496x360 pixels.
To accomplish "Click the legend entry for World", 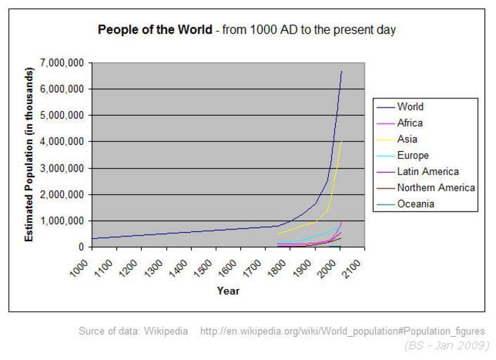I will (410, 108).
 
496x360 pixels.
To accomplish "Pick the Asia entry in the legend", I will (407, 139).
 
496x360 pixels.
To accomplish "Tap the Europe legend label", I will (412, 155).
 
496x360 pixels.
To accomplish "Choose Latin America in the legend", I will (427, 172).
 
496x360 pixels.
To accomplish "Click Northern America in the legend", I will (436, 188).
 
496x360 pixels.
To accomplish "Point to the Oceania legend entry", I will (415, 204).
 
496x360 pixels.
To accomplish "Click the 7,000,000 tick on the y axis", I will (64, 63).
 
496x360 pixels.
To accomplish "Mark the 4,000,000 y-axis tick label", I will (64, 142).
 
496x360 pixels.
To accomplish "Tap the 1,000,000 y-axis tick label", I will (64, 221).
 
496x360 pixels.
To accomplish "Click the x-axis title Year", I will (228, 290).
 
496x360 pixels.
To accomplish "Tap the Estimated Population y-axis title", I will (30, 155).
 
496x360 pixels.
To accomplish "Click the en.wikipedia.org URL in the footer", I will (342, 330).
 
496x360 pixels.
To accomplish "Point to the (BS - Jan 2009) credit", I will (447, 345).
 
